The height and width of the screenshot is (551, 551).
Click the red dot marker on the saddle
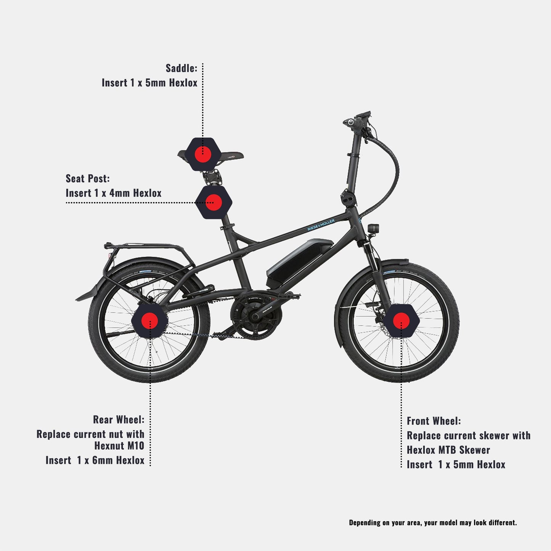203,154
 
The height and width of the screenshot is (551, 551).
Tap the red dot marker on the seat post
214,202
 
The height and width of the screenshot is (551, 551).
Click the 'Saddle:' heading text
182,68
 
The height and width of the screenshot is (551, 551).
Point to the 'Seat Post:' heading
87,178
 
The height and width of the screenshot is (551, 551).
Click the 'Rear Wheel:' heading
119,420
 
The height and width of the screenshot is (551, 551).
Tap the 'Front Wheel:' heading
434,421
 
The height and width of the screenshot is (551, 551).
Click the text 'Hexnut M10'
119,445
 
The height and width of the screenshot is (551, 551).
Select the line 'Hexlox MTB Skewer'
448,450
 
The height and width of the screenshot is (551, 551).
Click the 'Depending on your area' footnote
433,522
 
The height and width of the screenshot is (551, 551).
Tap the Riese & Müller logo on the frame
321,225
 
